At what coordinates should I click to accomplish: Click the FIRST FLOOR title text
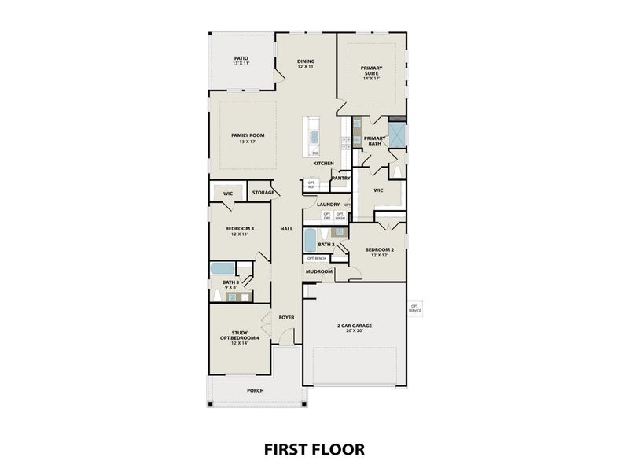(x=314, y=449)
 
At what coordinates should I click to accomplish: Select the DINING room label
(x=306, y=64)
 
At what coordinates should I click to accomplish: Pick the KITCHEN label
(x=324, y=164)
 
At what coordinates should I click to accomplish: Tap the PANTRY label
(x=341, y=178)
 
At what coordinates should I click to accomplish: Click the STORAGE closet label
(x=263, y=192)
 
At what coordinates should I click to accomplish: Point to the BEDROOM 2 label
(x=379, y=253)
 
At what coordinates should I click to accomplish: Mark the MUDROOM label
(x=319, y=271)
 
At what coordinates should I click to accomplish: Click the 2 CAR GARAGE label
(x=354, y=327)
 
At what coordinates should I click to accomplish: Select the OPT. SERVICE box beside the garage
(x=414, y=309)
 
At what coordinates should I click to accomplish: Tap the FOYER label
(x=286, y=318)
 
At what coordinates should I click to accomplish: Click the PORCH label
(x=255, y=390)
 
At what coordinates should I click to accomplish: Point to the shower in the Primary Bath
(x=397, y=134)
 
